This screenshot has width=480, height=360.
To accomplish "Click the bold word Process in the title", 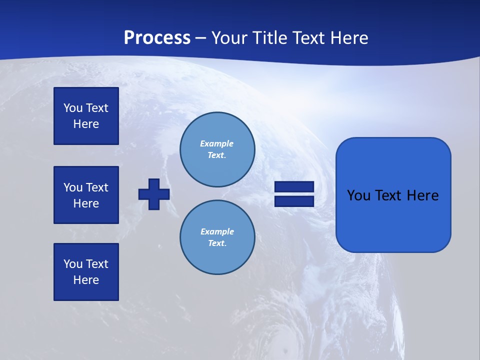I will [157, 38].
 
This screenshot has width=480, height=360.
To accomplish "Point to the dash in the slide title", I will [201, 38].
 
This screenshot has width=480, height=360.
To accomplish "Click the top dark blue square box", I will [86, 116].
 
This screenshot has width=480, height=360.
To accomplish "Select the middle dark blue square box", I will [86, 195].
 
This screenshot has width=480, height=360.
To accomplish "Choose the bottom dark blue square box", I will [86, 271].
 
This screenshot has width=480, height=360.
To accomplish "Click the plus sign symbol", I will [154, 194].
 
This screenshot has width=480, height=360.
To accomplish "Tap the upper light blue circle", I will [217, 149].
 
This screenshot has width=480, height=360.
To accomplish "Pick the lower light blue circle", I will [217, 237].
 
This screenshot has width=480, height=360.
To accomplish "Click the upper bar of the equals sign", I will [294, 187].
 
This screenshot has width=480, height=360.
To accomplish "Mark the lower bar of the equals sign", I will [294, 201].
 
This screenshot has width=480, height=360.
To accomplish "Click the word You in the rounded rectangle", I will [359, 195].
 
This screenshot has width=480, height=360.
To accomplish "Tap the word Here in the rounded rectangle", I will [422, 195].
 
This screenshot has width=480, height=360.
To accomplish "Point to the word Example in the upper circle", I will [217, 143].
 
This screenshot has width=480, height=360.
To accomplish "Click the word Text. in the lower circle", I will [217, 243].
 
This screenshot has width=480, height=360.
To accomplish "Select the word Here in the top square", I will [86, 124].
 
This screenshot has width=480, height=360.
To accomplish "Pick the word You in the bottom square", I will [73, 264].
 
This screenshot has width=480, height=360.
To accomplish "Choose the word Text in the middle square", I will [97, 187].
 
